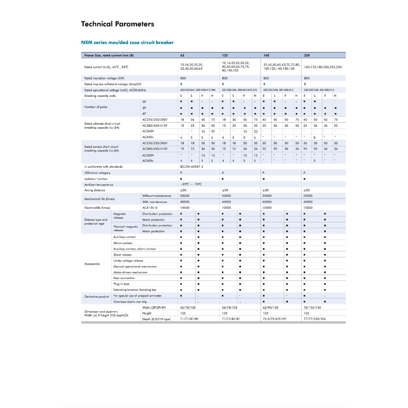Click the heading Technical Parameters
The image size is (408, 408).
(118, 24)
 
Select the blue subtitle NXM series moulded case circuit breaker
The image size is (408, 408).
(127, 43)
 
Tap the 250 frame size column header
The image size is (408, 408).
(307, 55)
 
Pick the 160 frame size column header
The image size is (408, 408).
(266, 55)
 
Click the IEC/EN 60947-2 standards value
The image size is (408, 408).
(192, 167)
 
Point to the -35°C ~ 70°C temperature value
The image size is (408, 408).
(191, 184)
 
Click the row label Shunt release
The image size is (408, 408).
(122, 255)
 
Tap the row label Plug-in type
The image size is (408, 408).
(121, 284)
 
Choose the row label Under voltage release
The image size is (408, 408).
(128, 261)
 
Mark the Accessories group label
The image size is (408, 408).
(92, 264)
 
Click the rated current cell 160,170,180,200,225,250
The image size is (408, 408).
(323, 67)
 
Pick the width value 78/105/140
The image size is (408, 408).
(312, 308)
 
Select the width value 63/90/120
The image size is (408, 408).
(271, 308)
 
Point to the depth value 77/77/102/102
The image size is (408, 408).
(315, 319)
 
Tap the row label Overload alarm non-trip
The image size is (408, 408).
(130, 302)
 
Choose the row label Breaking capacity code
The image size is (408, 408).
(100, 96)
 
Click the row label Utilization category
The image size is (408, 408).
(97, 173)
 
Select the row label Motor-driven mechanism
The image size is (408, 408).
(130, 272)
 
